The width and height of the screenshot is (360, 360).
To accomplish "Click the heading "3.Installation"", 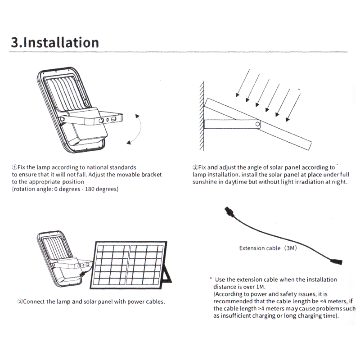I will [x=55, y=42].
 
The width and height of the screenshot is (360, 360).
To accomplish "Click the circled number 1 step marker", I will [x=14, y=167].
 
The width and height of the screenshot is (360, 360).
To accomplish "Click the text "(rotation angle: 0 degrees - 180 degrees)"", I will [x=65, y=189].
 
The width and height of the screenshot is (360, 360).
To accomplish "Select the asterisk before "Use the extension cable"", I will [x=211, y=279].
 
